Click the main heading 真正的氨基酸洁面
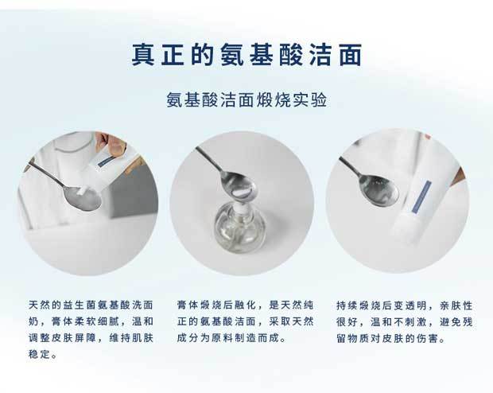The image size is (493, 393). point(246,55)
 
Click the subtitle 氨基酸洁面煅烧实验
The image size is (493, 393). point(246,99)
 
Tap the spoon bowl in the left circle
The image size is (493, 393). point(83,199)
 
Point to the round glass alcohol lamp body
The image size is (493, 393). point(240,227)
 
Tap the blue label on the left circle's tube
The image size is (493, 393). point(107,161)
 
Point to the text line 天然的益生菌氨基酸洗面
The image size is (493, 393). point(91,305)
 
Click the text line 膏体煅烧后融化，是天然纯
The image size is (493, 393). point(245,305)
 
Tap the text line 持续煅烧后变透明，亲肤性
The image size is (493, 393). point(405,305)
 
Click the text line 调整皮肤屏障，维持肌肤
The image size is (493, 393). point(91,338)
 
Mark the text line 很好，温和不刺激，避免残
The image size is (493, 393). point(405,321)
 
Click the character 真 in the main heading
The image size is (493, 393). point(143,55)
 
